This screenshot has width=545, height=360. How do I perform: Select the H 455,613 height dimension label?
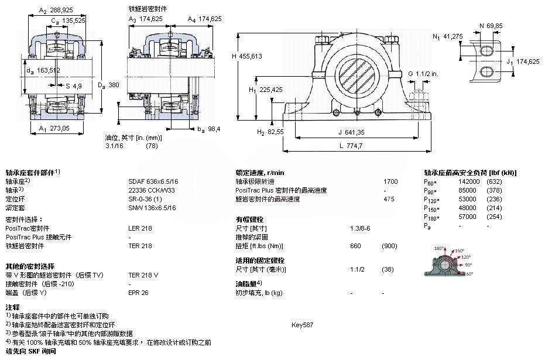(x=248, y=56)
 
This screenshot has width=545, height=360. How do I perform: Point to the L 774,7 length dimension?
(x=351, y=145)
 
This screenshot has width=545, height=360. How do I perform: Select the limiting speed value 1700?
(x=390, y=181)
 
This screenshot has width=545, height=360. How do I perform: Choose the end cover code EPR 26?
(x=138, y=292)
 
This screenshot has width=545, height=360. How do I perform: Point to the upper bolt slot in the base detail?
(x=487, y=51)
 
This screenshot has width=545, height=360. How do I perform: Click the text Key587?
(x=303, y=324)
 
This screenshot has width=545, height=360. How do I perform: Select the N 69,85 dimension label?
(x=491, y=26)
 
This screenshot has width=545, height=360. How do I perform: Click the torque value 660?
(x=355, y=246)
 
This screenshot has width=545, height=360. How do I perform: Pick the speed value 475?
(x=389, y=199)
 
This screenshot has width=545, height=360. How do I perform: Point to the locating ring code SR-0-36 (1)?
(x=144, y=199)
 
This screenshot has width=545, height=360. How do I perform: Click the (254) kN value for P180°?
(x=495, y=217)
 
